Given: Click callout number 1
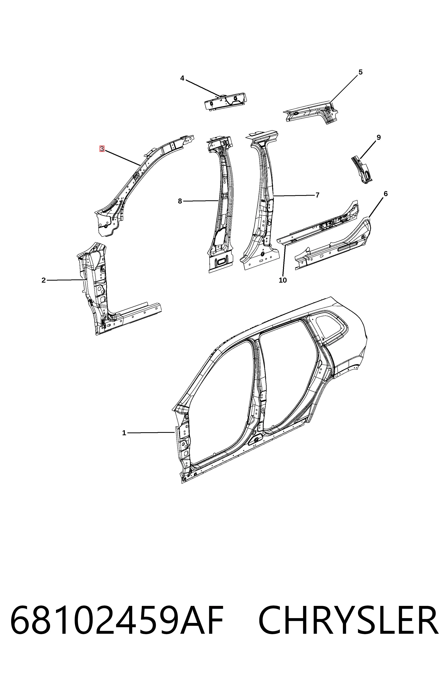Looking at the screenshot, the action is (x=124, y=433).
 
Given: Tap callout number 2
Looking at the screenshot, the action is (x=43, y=280).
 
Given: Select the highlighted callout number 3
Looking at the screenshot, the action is (x=102, y=149).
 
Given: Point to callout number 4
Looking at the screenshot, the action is (x=182, y=78).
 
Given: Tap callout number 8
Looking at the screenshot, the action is (x=180, y=201).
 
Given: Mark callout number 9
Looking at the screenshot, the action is (x=379, y=137).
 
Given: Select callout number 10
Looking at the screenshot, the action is (x=283, y=280).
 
